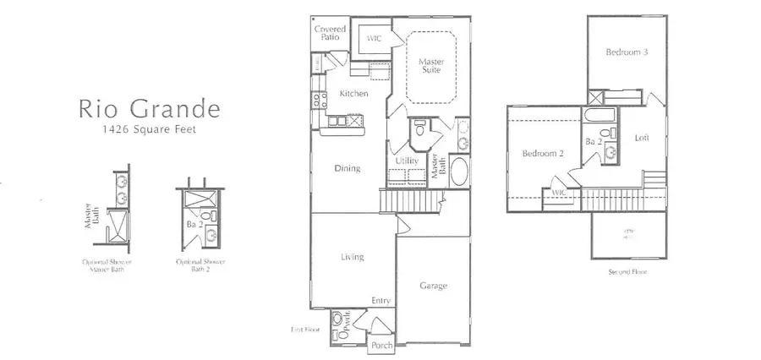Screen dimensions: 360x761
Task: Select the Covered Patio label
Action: (x=330, y=33)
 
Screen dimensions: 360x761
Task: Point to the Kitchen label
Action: (x=352, y=94)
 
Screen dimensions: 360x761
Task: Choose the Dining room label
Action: (x=348, y=168)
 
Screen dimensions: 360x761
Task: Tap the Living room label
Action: (x=353, y=257)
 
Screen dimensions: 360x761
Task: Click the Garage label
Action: (x=434, y=286)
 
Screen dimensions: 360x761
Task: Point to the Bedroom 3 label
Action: (x=627, y=52)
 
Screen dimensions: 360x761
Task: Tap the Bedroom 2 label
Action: (x=542, y=154)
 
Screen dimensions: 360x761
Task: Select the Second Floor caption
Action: (x=627, y=271)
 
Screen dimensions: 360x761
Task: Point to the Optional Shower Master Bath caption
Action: (x=113, y=266)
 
